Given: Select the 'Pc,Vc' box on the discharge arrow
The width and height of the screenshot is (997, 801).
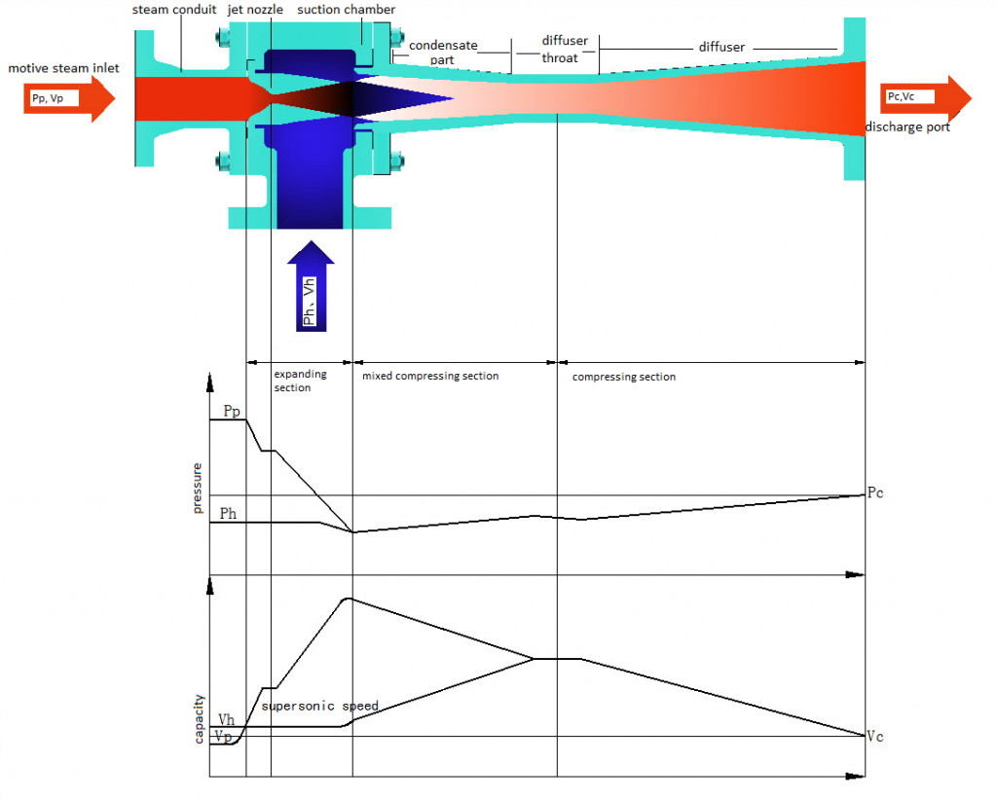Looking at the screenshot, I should [x=909, y=96].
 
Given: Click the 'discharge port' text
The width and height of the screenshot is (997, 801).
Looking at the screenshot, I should [x=907, y=127].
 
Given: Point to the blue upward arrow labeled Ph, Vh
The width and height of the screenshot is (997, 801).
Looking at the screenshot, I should [x=312, y=286].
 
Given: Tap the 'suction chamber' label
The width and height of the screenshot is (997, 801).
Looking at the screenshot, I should [x=346, y=10].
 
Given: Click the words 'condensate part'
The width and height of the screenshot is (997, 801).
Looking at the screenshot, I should [x=443, y=52].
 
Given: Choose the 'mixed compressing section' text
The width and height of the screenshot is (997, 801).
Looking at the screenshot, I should [x=430, y=376].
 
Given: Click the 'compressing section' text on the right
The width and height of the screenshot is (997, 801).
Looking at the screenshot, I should [x=624, y=377].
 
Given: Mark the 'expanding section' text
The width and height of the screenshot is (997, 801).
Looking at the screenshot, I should [x=299, y=381].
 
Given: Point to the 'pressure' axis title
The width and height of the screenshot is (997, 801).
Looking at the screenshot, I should [x=199, y=489].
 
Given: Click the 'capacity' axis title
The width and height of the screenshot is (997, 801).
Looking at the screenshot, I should [x=199, y=718].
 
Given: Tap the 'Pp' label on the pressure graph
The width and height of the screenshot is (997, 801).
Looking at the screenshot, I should [x=232, y=412].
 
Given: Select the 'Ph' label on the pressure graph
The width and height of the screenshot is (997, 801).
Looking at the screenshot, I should [x=228, y=514].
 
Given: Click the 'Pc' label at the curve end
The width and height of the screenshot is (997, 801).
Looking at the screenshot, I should [x=875, y=493].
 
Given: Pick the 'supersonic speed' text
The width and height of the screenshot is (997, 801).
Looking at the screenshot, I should [x=319, y=706].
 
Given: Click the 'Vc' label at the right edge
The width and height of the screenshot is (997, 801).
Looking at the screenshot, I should [x=875, y=736].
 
